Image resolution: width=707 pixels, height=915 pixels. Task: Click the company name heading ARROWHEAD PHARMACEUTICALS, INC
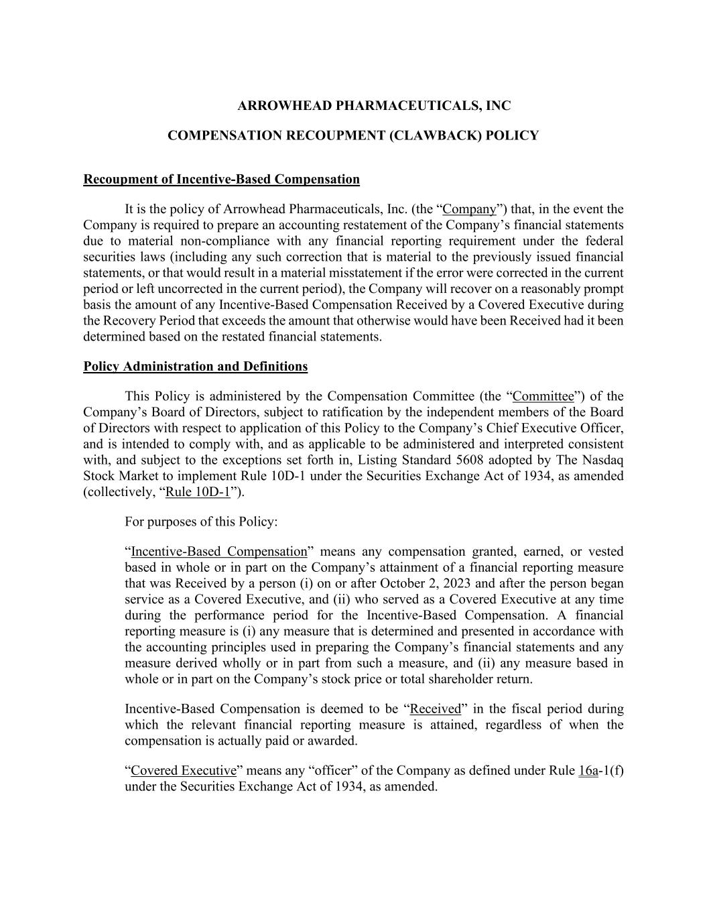pyautogui.click(x=374, y=106)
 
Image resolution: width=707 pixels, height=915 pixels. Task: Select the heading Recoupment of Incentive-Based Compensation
pyautogui.click(x=221, y=180)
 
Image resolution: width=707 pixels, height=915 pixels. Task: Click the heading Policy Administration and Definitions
pyautogui.click(x=195, y=367)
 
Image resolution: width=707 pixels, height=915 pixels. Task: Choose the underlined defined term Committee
pyautogui.click(x=543, y=396)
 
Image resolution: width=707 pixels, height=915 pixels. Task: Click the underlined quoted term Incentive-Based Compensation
pyautogui.click(x=218, y=552)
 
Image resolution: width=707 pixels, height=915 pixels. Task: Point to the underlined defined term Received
pyautogui.click(x=435, y=709)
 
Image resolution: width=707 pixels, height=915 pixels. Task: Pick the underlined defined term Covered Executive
pyautogui.click(x=184, y=771)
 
